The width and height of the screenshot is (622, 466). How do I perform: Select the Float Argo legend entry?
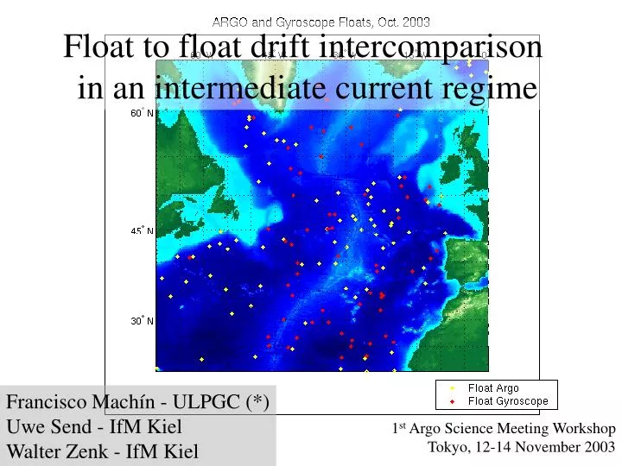493,388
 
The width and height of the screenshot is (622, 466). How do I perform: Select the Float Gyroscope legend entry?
508,400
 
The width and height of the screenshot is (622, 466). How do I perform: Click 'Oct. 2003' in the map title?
402,21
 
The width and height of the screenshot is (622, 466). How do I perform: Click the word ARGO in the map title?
229,21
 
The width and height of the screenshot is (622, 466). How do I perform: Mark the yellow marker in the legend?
452,388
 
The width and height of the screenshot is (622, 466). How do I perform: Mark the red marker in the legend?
452,400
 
